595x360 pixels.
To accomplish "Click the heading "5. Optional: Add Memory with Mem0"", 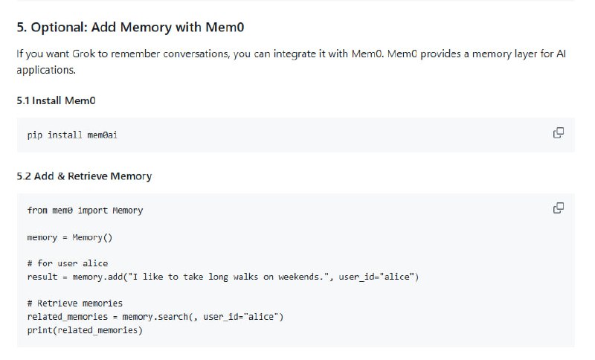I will pos(131,28).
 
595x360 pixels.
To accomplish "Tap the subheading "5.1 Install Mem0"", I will pos(56,100).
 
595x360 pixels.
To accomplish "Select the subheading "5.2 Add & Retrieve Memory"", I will pos(84,176).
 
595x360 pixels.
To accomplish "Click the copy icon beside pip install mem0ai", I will pos(558,133).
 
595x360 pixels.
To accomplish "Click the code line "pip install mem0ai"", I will pos(72,135).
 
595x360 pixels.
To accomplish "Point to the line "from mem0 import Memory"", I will pos(85,210).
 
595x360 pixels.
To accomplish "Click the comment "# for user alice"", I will pos(67,263).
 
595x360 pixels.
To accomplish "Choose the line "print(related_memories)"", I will pos(84,330).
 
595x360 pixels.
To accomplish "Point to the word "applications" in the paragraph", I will pos(44,70).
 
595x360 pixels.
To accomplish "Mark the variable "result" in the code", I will pos(42,277).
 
